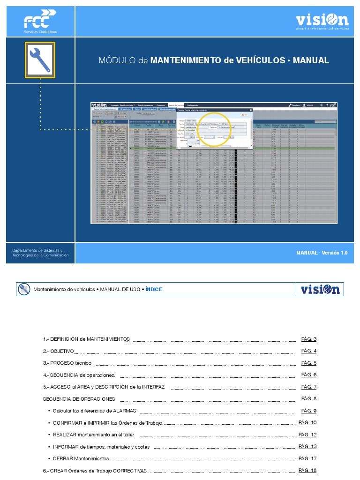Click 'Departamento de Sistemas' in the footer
coord(37,250)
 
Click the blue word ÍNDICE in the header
coord(154,289)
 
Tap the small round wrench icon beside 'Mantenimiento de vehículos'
coord(23,289)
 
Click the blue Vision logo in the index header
coord(320,289)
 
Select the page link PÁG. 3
coord(309,339)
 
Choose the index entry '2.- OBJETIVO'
coord(58,351)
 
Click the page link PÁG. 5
coord(309,363)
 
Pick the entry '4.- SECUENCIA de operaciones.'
coord(79,375)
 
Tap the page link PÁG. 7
coord(309,387)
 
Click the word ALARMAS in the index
coord(124,411)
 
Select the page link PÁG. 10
coord(307,422)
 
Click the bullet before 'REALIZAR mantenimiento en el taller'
coord(49,435)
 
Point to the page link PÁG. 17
coord(307,458)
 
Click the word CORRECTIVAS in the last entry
coord(130,471)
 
